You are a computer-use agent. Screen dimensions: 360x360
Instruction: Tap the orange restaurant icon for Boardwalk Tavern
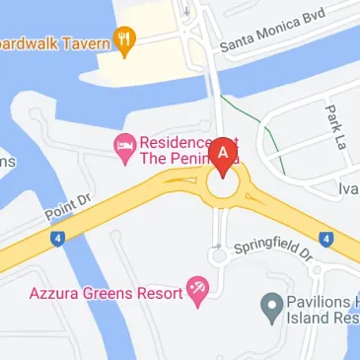[124, 41]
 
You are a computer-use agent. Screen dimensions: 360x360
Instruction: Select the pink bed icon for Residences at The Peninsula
[124, 148]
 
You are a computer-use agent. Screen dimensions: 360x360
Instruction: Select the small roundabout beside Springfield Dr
[219, 255]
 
